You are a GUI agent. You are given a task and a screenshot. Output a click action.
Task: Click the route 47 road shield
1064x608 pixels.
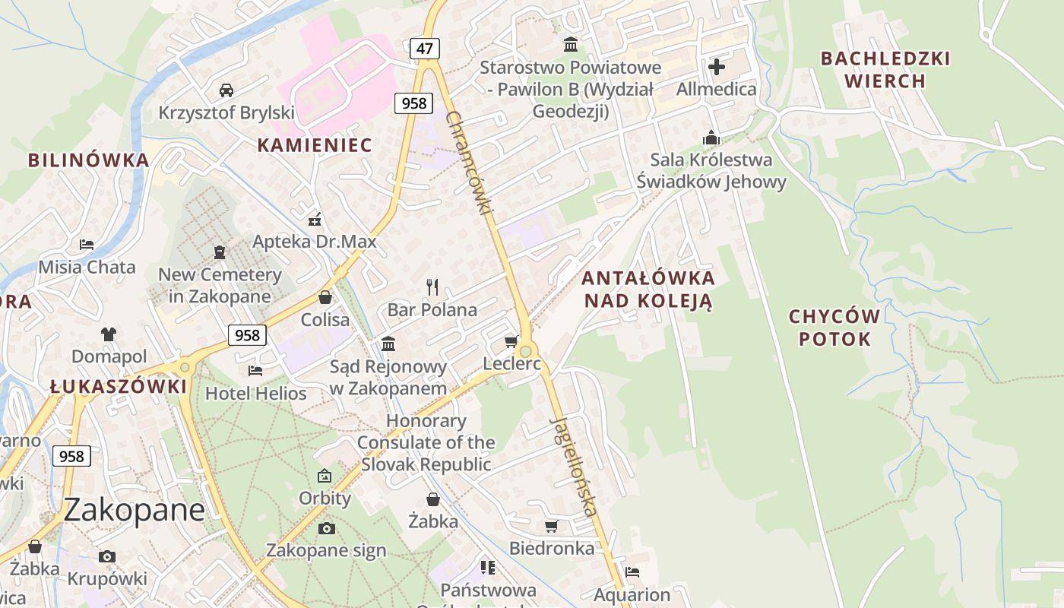pos(425,49)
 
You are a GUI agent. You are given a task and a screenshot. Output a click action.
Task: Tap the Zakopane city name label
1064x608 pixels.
pos(134,509)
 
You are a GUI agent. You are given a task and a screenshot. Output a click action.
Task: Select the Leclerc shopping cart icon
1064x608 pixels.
pos(511,341)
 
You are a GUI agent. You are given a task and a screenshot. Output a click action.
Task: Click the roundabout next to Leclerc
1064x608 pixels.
pos(525,352)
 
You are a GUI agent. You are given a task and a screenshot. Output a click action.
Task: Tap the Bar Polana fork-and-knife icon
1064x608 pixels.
pos(432,287)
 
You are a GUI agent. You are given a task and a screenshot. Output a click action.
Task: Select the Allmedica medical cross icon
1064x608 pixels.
pos(716,67)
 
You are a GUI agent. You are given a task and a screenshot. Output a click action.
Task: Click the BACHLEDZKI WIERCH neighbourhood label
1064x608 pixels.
pos(885,69)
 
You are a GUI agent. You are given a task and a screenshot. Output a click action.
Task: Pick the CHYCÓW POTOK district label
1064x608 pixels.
pos(834,328)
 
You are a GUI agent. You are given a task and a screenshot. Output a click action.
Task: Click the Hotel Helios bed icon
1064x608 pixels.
pos(255,370)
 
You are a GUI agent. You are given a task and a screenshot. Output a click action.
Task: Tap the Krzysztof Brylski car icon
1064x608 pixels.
pos(226,90)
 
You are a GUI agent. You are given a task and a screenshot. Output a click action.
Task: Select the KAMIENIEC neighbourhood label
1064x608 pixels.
pos(314,145)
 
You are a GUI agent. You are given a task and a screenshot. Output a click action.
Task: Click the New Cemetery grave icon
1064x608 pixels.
pos(220,252)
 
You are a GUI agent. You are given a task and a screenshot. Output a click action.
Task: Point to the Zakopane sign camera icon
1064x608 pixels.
pos(326,528)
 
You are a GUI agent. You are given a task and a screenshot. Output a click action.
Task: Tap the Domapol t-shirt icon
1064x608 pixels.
pos(109,334)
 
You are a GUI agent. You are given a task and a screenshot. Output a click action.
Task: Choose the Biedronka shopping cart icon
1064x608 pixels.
pos(552,526)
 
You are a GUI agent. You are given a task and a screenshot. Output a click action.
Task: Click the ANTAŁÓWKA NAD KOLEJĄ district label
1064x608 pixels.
pos(648,289)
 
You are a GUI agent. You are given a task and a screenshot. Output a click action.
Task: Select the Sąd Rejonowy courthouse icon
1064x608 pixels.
pos(388,344)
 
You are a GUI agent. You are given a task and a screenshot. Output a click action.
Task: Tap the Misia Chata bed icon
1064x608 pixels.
pos(87,245)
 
